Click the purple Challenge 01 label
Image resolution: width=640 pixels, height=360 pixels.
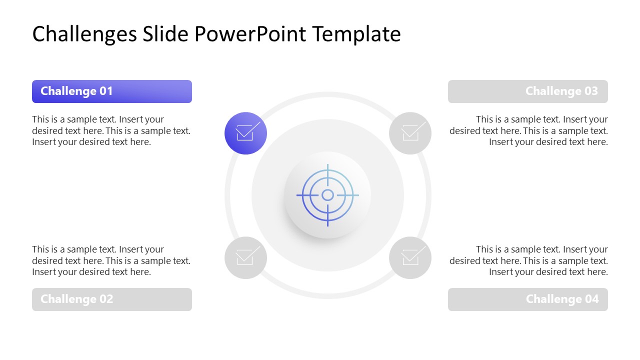(x=111, y=91)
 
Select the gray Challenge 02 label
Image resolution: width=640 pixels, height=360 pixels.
(x=111, y=299)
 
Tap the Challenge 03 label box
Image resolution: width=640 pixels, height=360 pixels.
(x=527, y=91)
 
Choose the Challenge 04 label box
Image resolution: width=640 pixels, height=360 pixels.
(x=527, y=299)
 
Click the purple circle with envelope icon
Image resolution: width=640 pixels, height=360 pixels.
(x=245, y=133)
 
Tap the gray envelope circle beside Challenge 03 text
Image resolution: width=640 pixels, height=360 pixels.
(x=410, y=133)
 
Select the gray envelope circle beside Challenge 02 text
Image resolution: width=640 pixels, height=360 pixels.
(x=245, y=257)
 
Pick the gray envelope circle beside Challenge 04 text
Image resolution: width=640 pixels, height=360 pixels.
(x=410, y=257)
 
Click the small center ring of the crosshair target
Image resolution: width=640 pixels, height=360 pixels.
(x=327, y=195)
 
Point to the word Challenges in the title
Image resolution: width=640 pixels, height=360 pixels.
(x=84, y=34)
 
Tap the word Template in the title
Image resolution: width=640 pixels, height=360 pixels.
(x=356, y=34)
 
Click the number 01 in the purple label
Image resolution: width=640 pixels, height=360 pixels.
(x=106, y=91)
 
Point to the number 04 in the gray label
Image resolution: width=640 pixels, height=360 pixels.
(x=591, y=299)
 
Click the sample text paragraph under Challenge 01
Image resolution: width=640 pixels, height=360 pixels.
(x=111, y=130)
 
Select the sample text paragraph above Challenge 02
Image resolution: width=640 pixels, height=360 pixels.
(x=111, y=260)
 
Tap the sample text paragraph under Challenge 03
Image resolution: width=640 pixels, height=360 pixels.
(x=528, y=130)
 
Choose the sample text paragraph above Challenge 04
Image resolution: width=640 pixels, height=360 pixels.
(x=528, y=260)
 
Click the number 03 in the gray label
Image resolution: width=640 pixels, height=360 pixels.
(x=591, y=91)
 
